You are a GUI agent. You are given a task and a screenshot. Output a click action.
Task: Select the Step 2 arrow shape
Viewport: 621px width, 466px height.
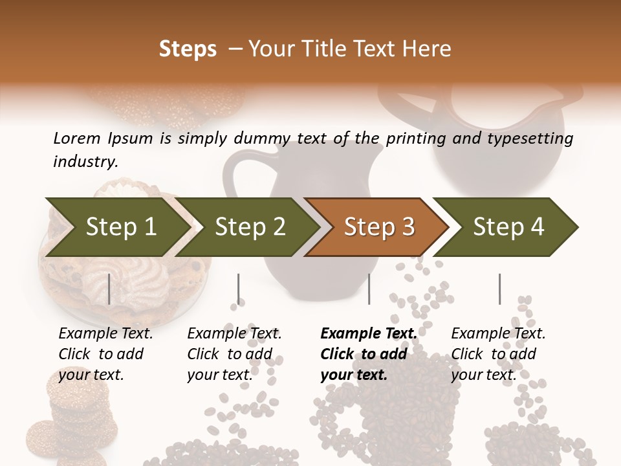tap(250, 227)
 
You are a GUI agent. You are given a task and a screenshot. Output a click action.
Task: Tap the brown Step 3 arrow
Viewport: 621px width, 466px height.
tap(378, 227)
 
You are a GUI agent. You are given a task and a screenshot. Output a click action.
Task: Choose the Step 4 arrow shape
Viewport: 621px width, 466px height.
tap(508, 227)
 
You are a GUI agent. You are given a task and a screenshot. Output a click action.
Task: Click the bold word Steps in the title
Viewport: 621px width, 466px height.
tap(188, 49)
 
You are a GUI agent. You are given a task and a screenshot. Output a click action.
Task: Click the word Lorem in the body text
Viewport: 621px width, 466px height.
tap(77, 138)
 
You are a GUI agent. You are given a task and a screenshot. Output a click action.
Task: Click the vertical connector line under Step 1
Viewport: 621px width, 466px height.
tap(109, 289)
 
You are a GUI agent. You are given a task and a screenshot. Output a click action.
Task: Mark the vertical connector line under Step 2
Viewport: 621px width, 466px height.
tap(239, 289)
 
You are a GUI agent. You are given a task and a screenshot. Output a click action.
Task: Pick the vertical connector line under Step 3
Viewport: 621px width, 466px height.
tap(369, 289)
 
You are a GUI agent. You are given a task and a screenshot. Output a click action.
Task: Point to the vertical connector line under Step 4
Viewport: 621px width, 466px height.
tap(499, 289)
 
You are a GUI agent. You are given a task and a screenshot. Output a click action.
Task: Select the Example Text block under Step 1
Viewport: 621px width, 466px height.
tap(105, 354)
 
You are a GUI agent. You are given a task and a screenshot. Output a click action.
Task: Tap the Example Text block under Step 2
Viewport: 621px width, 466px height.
tap(234, 354)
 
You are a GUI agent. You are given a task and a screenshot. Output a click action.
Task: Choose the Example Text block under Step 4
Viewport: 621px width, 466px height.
tap(498, 354)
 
